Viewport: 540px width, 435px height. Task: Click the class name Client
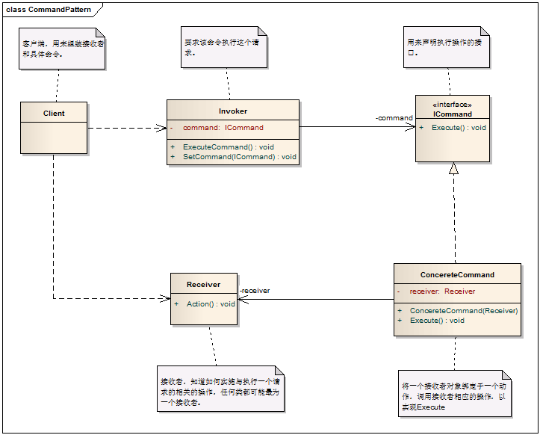(x=54, y=114)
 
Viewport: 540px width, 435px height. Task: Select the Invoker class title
(x=233, y=111)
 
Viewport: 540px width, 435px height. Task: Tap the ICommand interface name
(x=453, y=114)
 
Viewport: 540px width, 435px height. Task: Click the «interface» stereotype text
(x=453, y=105)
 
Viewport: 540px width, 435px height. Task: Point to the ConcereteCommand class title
(x=457, y=274)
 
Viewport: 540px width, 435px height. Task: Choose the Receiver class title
(x=204, y=284)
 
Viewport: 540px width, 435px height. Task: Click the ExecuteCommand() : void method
(x=228, y=146)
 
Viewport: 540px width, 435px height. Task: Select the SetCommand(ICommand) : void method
(x=239, y=157)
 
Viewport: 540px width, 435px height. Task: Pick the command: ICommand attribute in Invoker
(x=223, y=128)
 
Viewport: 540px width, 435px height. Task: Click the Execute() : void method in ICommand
(x=458, y=127)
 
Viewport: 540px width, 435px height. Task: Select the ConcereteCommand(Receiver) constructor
(x=463, y=310)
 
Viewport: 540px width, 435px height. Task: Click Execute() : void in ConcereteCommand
(x=437, y=320)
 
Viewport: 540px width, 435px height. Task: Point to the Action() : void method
(x=210, y=303)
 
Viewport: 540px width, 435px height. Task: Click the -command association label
(x=394, y=118)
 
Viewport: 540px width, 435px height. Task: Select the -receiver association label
(x=255, y=291)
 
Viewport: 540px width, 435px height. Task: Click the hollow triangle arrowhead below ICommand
(x=453, y=168)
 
